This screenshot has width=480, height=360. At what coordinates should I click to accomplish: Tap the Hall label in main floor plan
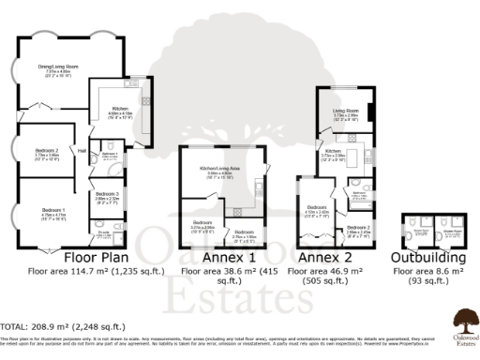point(82,148)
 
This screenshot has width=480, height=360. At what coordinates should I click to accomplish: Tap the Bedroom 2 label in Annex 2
point(359,227)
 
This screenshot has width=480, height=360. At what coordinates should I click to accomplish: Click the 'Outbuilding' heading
point(427,257)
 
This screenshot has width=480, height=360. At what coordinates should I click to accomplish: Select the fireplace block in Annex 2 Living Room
point(371,112)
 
